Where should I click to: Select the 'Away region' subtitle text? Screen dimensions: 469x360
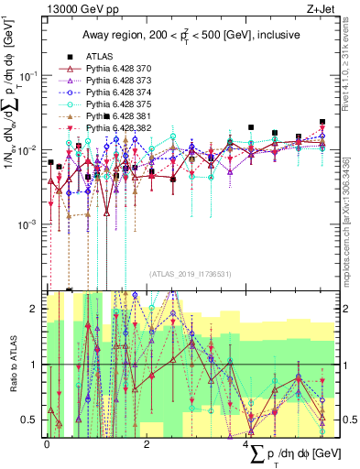(x=187, y=36)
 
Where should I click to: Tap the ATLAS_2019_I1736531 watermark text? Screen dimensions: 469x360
(x=190, y=273)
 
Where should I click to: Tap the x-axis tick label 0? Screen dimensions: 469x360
(x=47, y=443)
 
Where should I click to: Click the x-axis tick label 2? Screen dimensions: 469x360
(x=147, y=443)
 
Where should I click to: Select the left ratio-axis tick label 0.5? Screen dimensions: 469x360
(x=32, y=420)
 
